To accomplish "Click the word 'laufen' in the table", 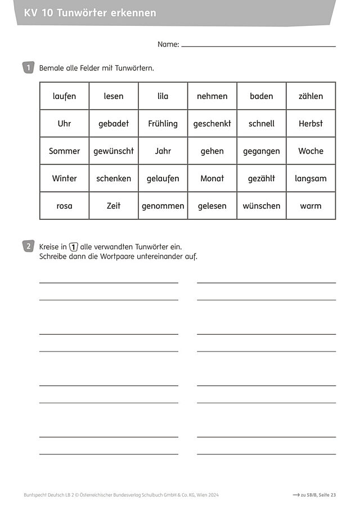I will coord(64,96).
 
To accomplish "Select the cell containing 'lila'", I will coord(163,96).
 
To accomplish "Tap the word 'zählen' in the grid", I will coord(310,96).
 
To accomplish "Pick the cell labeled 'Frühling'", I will coord(163,124).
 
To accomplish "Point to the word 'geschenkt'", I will coord(212,124).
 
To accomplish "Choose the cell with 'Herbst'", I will coord(310,124).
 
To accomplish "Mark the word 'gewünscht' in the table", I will coord(114,151).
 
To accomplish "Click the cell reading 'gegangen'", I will coord(262,151).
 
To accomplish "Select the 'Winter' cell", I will coord(64,178).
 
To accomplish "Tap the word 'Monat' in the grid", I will coord(212,178).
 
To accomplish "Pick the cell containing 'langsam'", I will coord(310,178).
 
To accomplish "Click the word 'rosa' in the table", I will coord(64,206).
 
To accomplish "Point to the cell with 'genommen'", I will coord(163,206).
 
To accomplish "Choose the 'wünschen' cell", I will coord(262,206).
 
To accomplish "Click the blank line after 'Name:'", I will coord(258,45).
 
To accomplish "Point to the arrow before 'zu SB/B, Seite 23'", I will coord(295,495).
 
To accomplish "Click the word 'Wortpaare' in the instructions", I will coord(119,256).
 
